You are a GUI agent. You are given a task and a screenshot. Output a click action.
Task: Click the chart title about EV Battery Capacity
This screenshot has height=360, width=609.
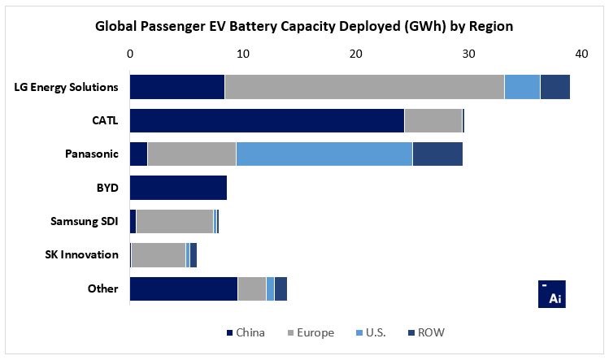click(x=304, y=26)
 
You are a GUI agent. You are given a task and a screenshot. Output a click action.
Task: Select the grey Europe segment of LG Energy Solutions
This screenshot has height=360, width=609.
click(x=364, y=87)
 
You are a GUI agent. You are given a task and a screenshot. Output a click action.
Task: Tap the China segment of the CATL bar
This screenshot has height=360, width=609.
click(x=267, y=120)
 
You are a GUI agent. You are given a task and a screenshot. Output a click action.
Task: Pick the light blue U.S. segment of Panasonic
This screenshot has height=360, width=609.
click(x=324, y=154)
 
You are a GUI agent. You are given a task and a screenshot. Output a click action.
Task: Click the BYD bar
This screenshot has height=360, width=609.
click(x=178, y=188)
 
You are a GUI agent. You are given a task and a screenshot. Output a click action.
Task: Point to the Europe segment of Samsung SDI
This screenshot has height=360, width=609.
click(x=174, y=221)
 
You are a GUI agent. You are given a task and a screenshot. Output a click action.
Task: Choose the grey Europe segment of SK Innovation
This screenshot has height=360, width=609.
click(x=158, y=254)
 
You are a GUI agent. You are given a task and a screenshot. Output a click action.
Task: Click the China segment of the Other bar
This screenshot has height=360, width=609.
click(x=184, y=288)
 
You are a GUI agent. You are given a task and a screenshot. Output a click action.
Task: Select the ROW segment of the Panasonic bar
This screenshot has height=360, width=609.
click(x=437, y=154)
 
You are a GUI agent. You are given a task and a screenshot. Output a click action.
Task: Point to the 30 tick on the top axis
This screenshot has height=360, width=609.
click(x=468, y=54)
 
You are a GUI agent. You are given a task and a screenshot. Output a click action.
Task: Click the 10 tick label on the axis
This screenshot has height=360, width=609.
click(x=242, y=54)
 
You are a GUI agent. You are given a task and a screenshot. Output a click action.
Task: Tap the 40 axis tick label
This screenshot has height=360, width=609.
click(x=581, y=54)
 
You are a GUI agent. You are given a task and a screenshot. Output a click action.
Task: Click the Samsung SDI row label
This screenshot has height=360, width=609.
click(x=84, y=221)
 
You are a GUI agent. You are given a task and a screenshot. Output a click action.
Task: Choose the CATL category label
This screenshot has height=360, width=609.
click(x=105, y=120)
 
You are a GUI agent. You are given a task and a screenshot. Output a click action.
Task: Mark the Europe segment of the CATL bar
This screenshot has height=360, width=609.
click(x=433, y=120)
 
